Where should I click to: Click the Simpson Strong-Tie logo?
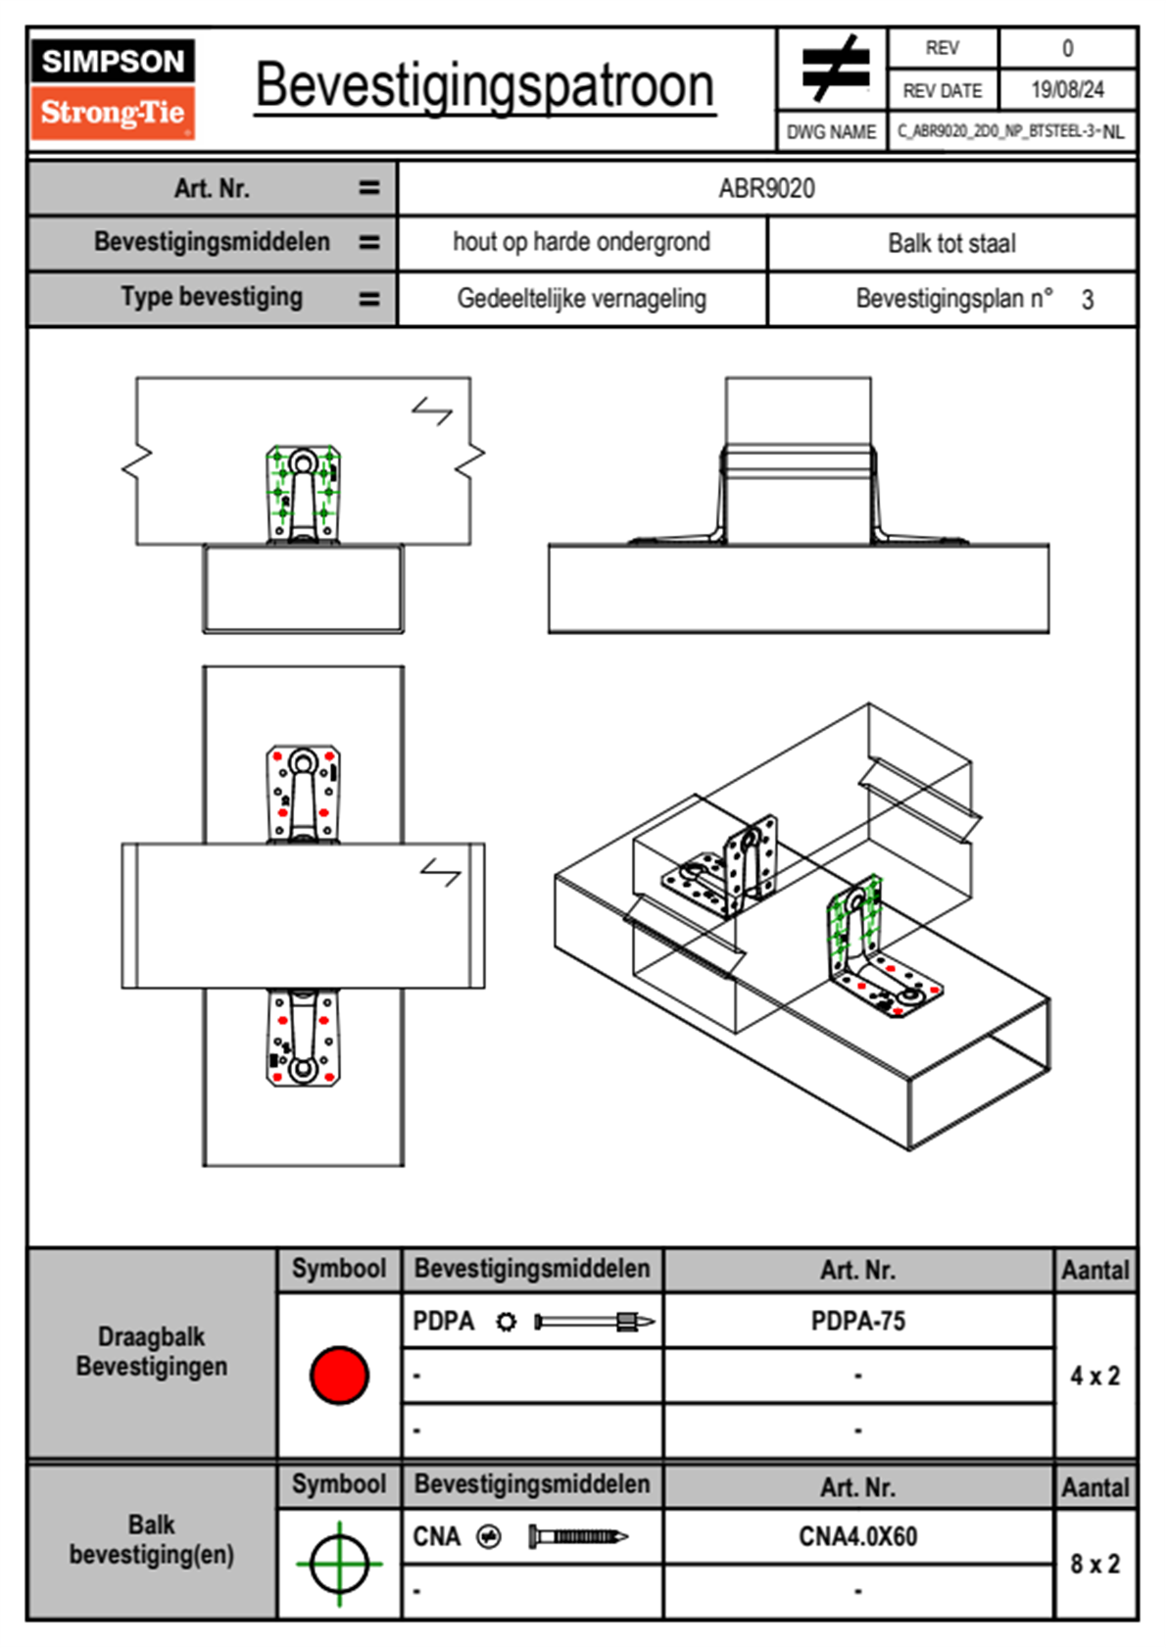click(x=113, y=88)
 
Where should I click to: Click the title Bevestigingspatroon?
click(x=484, y=86)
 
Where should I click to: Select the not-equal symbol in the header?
click(x=835, y=69)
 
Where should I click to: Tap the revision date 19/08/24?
click(x=1067, y=90)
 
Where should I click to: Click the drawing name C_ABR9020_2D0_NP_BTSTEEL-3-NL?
click(x=1010, y=131)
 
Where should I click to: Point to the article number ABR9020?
click(x=766, y=188)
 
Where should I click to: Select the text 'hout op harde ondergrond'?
click(x=581, y=242)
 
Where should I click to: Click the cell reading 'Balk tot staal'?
click(x=951, y=243)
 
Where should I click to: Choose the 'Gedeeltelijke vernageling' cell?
click(x=581, y=298)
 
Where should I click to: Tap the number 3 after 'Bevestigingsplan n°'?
click(x=1088, y=300)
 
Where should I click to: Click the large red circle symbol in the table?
click(x=339, y=1375)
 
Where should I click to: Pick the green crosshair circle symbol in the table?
click(x=339, y=1563)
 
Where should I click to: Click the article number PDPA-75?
click(x=857, y=1321)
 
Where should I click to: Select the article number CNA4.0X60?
click(x=857, y=1536)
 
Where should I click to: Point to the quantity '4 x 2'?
click(x=1094, y=1376)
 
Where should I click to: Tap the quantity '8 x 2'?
click(x=1094, y=1564)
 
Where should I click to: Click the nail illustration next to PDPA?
click(x=594, y=1322)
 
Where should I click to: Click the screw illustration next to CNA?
click(x=578, y=1536)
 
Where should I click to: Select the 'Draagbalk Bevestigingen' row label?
click(x=152, y=1351)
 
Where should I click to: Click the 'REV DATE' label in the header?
click(x=942, y=90)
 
